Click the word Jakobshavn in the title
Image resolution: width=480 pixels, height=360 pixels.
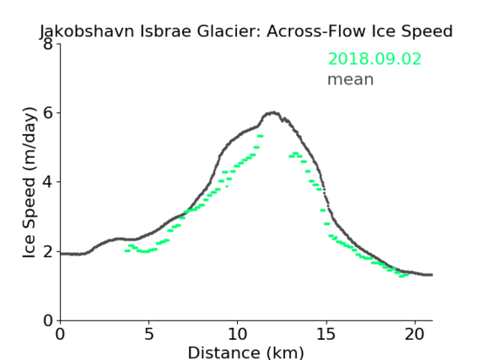tap(87, 31)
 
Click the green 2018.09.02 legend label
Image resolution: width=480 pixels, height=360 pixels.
tap(375, 59)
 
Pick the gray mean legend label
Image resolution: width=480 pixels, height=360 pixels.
tap(351, 79)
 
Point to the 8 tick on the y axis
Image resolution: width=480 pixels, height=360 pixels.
tap(48, 44)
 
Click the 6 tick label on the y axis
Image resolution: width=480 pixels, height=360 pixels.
tap(48, 113)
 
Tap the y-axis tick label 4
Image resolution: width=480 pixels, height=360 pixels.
tap(48, 182)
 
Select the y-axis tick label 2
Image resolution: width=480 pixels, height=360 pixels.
tap(48, 251)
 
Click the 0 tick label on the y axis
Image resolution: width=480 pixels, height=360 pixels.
tap(48, 320)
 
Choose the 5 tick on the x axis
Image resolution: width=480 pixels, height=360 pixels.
tap(148, 334)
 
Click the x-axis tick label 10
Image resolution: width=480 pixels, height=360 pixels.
tap(237, 334)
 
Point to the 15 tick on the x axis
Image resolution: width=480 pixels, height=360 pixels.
tap(326, 334)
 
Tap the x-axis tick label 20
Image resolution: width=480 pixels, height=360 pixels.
tap(414, 334)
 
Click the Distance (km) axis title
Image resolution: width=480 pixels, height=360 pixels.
tap(245, 352)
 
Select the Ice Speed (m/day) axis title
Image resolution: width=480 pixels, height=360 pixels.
tap(30, 183)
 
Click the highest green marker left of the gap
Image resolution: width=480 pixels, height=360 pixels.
tap(260, 136)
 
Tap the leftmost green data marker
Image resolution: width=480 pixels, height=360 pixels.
tap(127, 250)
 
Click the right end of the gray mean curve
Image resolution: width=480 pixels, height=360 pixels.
tap(432, 275)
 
